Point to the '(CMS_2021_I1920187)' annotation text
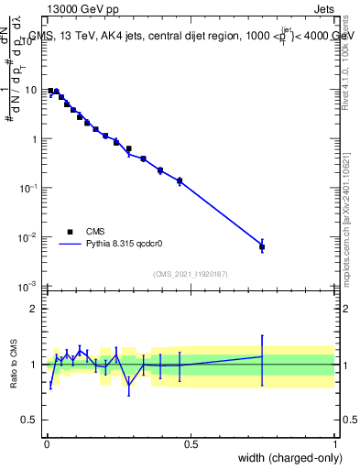(x=190, y=274)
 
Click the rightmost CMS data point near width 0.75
(x=262, y=246)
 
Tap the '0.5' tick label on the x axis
(x=191, y=443)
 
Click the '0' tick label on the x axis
(x=47, y=443)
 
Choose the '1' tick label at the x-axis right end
(x=335, y=443)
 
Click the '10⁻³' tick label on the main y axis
(x=30, y=287)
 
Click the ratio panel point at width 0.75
(x=262, y=356)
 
